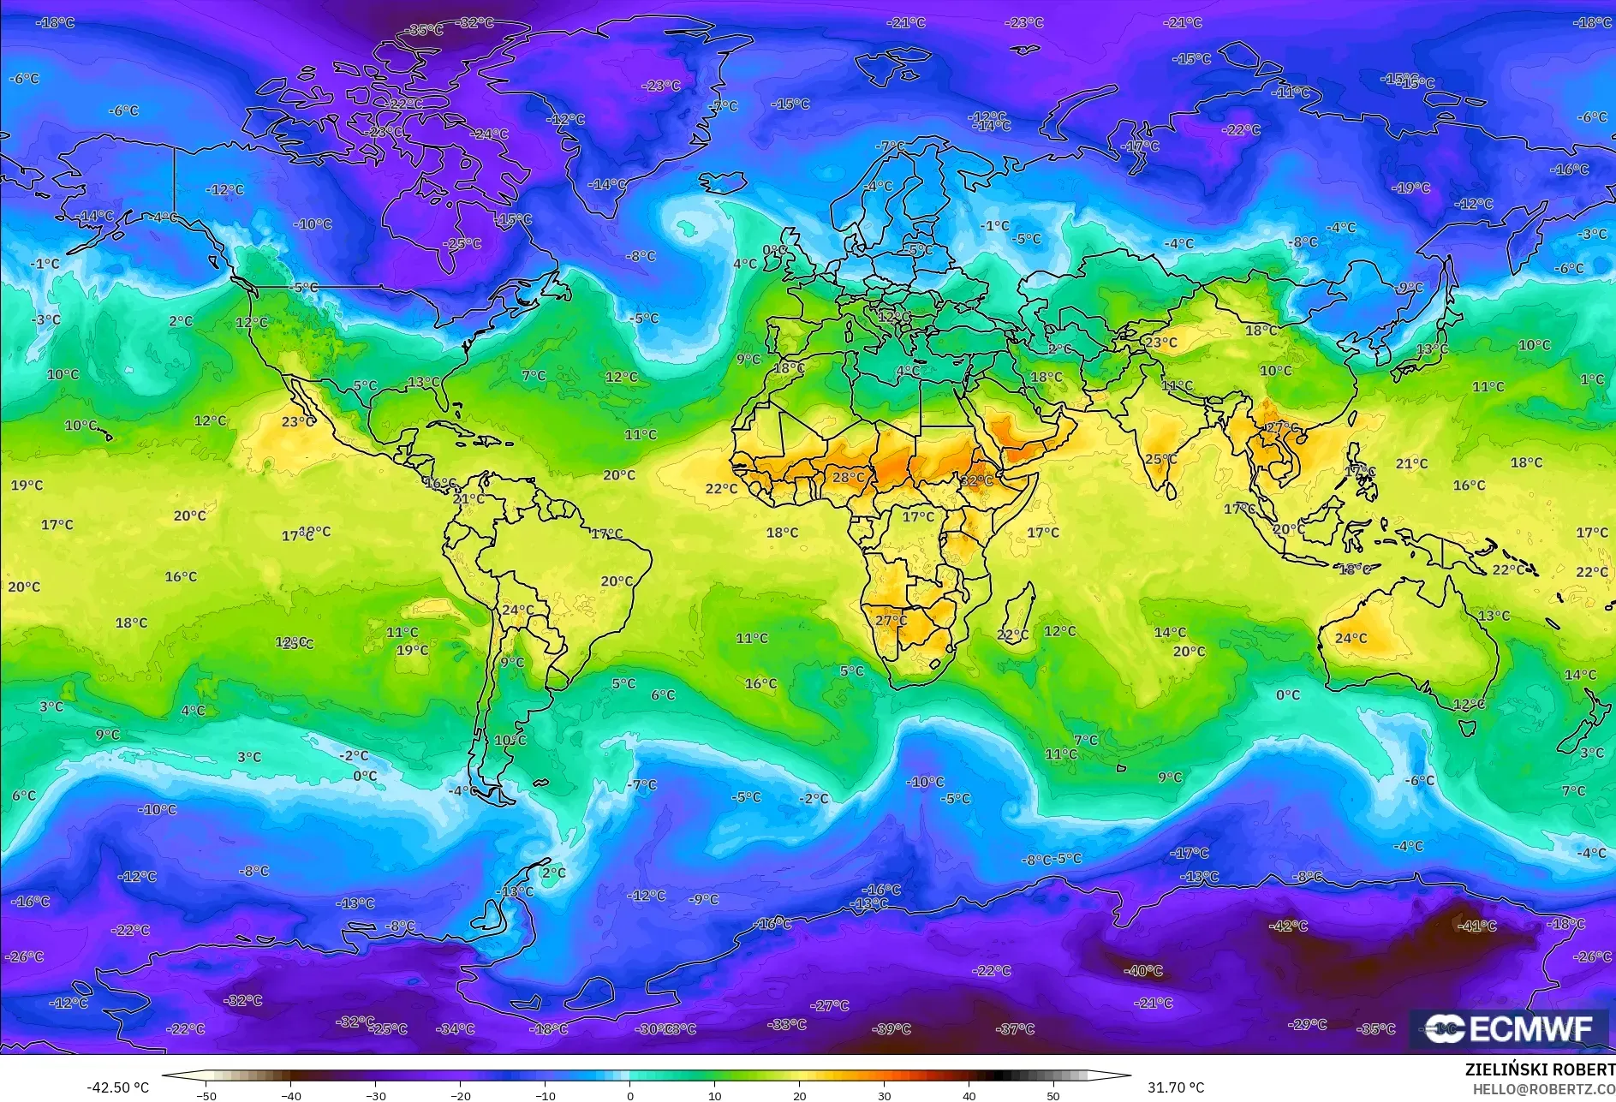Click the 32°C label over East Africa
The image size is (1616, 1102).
(x=976, y=480)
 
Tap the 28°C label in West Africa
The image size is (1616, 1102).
(x=849, y=477)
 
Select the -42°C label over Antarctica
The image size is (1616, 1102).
(x=1288, y=926)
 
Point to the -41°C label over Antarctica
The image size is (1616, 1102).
(x=1476, y=926)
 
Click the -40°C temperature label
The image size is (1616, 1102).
(x=1143, y=970)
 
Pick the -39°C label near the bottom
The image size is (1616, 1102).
(x=891, y=1028)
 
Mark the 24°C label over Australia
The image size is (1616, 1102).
(x=1351, y=638)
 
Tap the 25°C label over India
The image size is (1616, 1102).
(x=1160, y=459)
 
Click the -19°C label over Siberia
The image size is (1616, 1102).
(x=1410, y=188)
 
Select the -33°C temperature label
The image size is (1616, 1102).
(x=786, y=1024)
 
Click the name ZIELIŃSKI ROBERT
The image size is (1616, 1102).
(x=1540, y=1069)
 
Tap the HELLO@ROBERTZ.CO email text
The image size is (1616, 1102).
(x=1543, y=1089)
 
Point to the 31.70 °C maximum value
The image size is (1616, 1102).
(x=1175, y=1087)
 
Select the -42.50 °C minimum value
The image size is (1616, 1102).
(x=117, y=1087)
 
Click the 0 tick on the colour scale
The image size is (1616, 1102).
(x=630, y=1095)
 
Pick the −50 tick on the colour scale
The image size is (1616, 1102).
(x=206, y=1095)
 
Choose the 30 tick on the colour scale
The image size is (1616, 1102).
(x=885, y=1095)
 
